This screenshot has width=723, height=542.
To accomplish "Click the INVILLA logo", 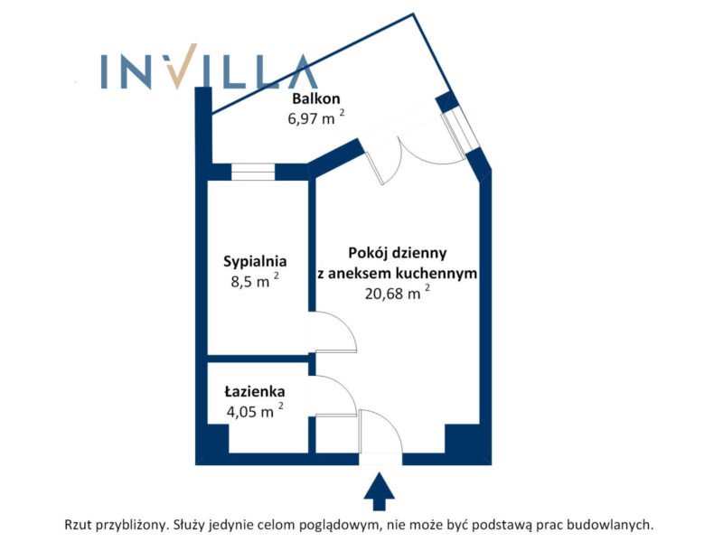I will click(208, 71).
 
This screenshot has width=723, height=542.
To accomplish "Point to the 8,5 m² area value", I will click(253, 281).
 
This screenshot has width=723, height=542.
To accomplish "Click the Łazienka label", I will click(256, 392).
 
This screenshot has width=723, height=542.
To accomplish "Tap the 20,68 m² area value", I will click(397, 293).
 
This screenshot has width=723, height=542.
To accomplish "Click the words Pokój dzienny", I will click(397, 254).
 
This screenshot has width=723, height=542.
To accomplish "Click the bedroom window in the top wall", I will click(253, 172).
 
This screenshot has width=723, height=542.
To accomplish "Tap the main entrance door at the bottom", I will click(380, 434).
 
